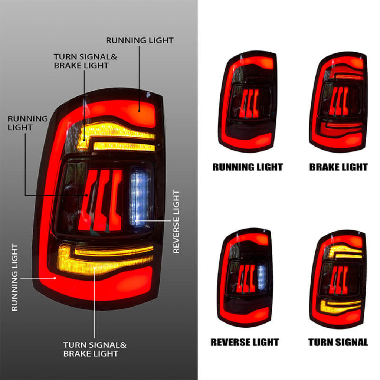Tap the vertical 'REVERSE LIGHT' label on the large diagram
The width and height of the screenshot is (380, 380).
[x=176, y=222]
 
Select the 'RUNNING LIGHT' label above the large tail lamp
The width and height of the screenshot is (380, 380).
[x=140, y=40]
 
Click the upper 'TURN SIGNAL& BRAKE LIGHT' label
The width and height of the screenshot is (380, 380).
[x=85, y=61]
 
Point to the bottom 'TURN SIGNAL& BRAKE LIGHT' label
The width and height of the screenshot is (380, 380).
[x=95, y=349]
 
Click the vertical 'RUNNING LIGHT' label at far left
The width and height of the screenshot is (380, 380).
[x=14, y=277]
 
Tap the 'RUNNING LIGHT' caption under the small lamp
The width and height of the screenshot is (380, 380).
[x=248, y=167]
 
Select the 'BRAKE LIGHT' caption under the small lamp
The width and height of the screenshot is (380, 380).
[x=338, y=167]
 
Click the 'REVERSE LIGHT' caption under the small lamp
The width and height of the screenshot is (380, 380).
[x=245, y=342]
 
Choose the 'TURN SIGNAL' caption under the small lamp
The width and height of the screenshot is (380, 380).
[x=338, y=342]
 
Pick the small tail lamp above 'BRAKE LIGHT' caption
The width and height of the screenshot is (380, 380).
[x=338, y=102]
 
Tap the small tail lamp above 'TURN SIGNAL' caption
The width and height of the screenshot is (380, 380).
[x=338, y=279]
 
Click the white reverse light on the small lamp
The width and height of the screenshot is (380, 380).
[x=262, y=277]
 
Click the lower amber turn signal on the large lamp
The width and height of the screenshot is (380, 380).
[x=106, y=260]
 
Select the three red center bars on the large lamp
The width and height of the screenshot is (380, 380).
[x=100, y=200]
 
